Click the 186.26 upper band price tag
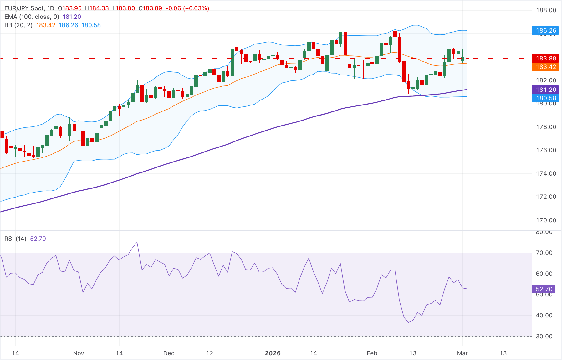point(546,30)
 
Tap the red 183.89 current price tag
point(546,58)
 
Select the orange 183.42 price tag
point(546,67)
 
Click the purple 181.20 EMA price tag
point(546,90)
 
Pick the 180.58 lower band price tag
point(546,98)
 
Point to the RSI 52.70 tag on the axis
point(544,289)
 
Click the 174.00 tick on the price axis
point(546,173)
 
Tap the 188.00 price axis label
point(546,10)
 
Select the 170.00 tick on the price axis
point(546,220)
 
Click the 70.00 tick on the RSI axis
point(544,253)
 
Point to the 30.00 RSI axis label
point(544,336)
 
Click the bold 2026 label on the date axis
point(273,353)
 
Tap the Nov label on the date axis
point(78,353)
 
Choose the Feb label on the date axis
point(372,353)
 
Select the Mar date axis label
point(462,353)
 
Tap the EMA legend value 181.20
point(72,17)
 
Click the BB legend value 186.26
point(68,25)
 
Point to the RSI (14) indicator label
point(15,239)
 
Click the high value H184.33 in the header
point(97,8)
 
